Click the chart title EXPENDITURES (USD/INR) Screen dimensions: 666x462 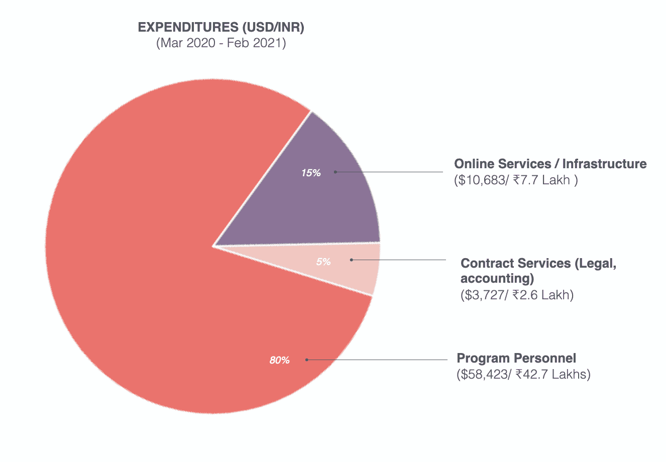pyautogui.click(x=221, y=27)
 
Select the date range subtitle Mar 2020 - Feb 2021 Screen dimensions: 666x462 pyautogui.click(x=221, y=43)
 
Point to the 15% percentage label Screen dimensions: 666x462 pyautogui.click(x=311, y=173)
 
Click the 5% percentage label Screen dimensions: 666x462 pyautogui.click(x=323, y=262)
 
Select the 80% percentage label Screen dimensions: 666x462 pyautogui.click(x=279, y=361)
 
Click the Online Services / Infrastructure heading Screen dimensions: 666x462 pyautogui.click(x=550, y=164)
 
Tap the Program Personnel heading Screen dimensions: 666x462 pyautogui.click(x=516, y=358)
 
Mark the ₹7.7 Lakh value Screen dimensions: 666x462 pyautogui.click(x=542, y=180)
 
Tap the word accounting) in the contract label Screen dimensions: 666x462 pyautogui.click(x=497, y=279)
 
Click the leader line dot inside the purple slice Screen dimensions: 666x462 pyautogui.click(x=336, y=172)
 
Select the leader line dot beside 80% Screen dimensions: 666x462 pyautogui.click(x=307, y=360)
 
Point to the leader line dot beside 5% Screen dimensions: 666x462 pyautogui.click(x=352, y=260)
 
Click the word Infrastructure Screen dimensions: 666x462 pyautogui.click(x=604, y=164)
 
